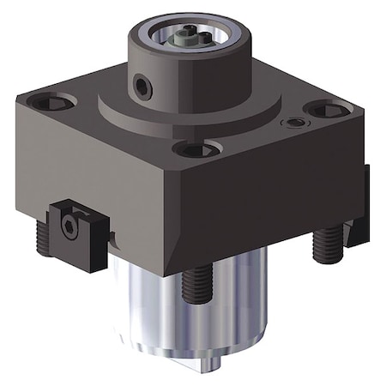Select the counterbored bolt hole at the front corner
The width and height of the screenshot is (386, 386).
pyautogui.click(x=196, y=148)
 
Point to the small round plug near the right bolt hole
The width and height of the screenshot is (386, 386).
pyautogui.click(x=296, y=124)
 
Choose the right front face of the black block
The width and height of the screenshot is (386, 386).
pyautogui.click(x=274, y=197)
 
